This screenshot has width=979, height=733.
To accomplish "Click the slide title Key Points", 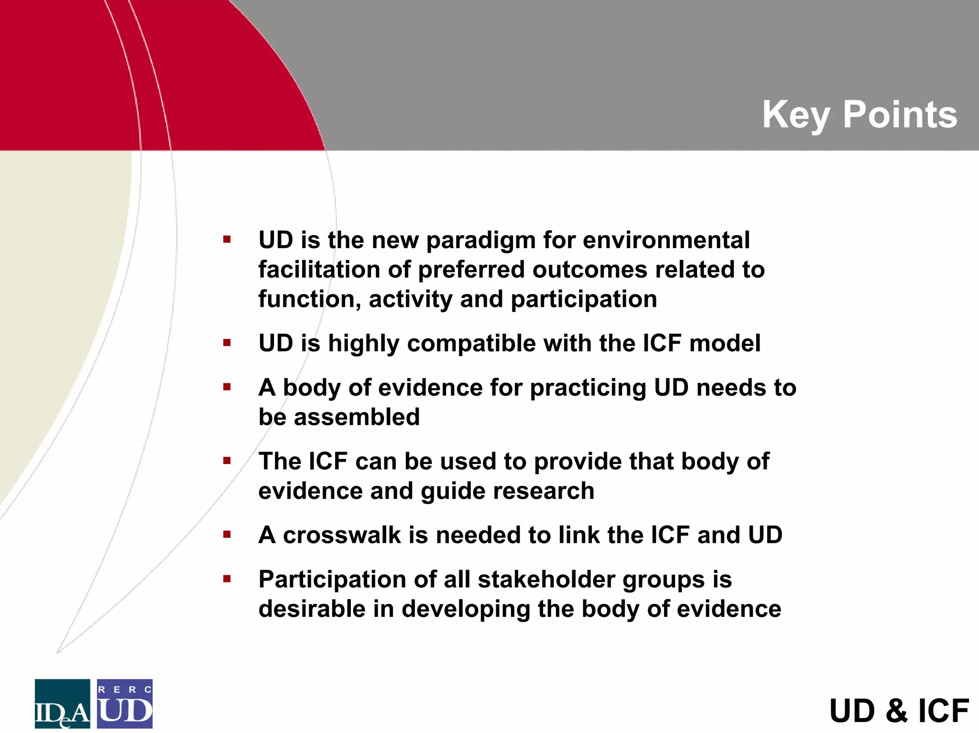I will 859,115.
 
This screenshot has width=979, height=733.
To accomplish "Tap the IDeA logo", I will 62,703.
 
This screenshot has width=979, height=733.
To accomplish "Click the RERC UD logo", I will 125,703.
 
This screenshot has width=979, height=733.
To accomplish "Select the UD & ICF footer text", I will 899,711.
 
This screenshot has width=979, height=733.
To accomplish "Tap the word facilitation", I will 319,269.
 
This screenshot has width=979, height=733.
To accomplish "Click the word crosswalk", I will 341,535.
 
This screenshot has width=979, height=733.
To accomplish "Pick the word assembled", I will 356,417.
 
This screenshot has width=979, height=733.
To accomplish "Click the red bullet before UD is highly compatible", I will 227,343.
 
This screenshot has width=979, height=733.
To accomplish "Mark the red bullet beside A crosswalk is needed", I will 227,534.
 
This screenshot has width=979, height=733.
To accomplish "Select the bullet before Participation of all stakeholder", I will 227,579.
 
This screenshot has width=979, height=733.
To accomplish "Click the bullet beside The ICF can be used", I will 227,461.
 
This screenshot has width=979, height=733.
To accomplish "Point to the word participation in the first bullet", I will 584,300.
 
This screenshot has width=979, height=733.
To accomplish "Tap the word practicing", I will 588,388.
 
